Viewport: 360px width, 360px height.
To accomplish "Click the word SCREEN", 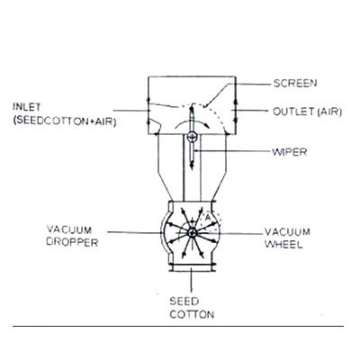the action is click(295, 83).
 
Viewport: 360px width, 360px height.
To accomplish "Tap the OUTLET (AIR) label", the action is click(307, 112).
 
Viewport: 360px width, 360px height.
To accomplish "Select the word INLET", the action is click(26, 107).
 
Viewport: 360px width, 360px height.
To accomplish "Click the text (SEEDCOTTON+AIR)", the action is click(65, 121).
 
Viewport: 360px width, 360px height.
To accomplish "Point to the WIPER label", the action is click(290, 152).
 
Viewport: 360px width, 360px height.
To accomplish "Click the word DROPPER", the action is click(72, 242).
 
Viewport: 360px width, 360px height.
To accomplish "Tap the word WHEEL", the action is click(283, 244).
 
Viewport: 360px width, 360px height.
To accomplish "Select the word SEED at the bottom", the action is click(184, 301).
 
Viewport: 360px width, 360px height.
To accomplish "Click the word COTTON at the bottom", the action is click(192, 314).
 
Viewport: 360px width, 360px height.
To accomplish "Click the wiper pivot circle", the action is click(192, 137).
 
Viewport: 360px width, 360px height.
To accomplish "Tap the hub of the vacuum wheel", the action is click(192, 232).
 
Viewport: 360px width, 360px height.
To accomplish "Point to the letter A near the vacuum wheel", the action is click(208, 219).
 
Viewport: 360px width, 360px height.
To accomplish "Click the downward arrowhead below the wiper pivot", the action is click(192, 166).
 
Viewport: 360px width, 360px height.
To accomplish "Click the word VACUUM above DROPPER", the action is click(69, 229).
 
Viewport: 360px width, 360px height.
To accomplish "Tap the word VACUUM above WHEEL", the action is click(287, 232).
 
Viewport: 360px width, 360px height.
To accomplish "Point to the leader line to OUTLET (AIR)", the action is click(250, 111).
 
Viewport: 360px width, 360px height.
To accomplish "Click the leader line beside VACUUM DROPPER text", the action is click(134, 232).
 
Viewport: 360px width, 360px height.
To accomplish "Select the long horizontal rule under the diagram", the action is click(178, 326).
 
